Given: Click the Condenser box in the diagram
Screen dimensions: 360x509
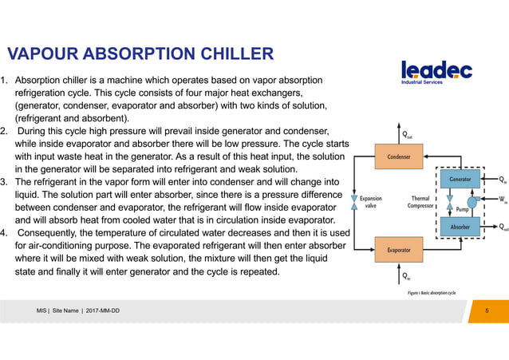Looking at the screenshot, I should [x=399, y=157].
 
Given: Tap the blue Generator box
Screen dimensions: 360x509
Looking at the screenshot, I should [x=460, y=180].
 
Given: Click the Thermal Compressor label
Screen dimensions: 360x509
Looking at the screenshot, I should [x=420, y=204].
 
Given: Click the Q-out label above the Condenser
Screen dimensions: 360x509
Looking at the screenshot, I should [x=407, y=135].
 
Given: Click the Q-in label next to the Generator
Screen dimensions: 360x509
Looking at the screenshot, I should [x=502, y=180].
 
